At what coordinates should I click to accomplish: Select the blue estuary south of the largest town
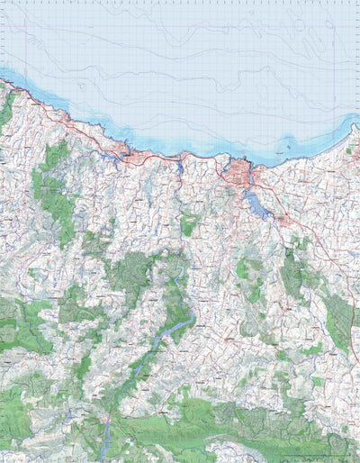(x=256, y=206)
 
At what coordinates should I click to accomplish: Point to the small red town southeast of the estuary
(x=283, y=219)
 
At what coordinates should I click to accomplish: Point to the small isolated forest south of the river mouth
(x=189, y=223)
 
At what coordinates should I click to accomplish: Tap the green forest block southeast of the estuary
(x=292, y=270)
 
